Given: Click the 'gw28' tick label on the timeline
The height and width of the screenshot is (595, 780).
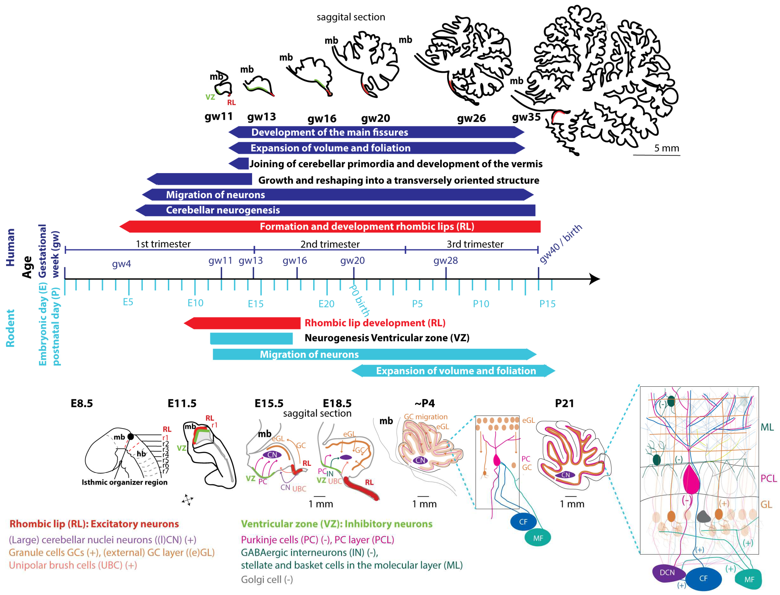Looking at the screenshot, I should pyautogui.click(x=445, y=261).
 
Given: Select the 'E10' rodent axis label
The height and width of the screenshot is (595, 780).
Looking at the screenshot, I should pyautogui.click(x=195, y=303).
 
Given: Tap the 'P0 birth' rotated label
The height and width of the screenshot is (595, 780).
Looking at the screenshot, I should pyautogui.click(x=359, y=300).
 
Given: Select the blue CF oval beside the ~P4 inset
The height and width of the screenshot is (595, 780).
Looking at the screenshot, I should pyautogui.click(x=523, y=522).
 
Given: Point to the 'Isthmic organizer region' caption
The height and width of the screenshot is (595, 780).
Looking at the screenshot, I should pyautogui.click(x=124, y=482).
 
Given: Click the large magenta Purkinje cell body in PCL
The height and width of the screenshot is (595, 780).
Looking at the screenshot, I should pyautogui.click(x=691, y=479).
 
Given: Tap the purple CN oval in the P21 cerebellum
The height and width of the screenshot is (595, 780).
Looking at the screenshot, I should pyautogui.click(x=565, y=475).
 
